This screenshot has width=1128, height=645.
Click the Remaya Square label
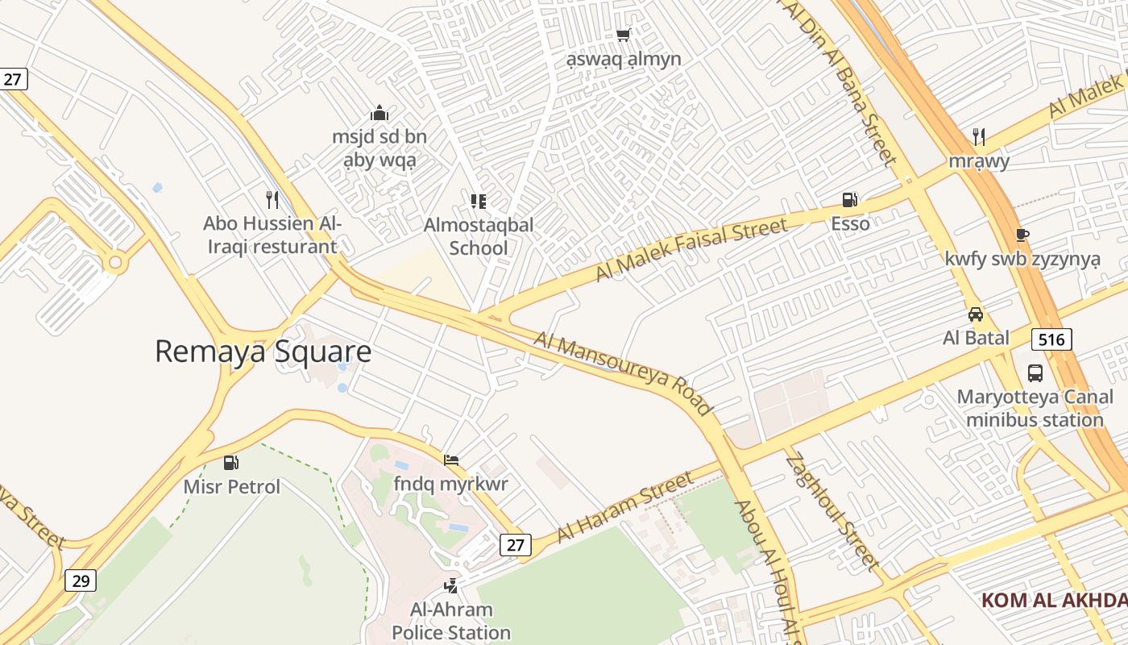263,352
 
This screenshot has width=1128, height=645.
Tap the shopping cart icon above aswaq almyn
623,35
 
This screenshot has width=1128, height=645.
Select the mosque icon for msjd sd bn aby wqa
379,113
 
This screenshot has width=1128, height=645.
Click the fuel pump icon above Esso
849,199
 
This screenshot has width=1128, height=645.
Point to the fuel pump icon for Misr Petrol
231,463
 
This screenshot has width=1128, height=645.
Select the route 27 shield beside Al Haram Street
516,545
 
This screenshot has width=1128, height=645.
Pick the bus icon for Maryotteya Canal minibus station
1035,373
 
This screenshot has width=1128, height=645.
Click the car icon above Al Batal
976,314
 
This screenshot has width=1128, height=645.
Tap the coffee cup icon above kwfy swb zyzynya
1022,235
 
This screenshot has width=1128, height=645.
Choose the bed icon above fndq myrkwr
451,460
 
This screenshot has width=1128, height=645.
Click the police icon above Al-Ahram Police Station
451,585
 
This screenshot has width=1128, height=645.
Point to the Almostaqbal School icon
479,201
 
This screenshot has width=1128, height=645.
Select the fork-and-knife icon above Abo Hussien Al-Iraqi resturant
272,199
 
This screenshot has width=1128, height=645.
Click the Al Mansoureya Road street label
623,374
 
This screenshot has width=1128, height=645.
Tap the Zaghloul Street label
832,513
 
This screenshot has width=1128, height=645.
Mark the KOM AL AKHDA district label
1054,601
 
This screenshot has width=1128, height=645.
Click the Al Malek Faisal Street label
691,249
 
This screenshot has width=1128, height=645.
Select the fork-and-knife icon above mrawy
978,136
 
